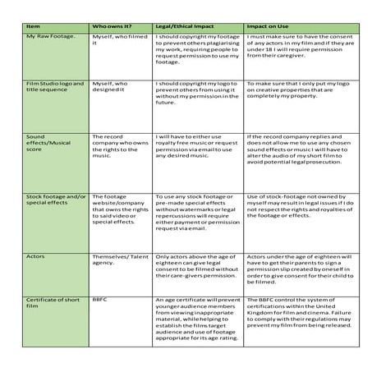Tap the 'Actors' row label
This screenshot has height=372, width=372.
click(x=37, y=256)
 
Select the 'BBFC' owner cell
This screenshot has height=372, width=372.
click(x=101, y=300)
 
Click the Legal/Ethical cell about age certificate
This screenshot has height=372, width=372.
click(x=196, y=322)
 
